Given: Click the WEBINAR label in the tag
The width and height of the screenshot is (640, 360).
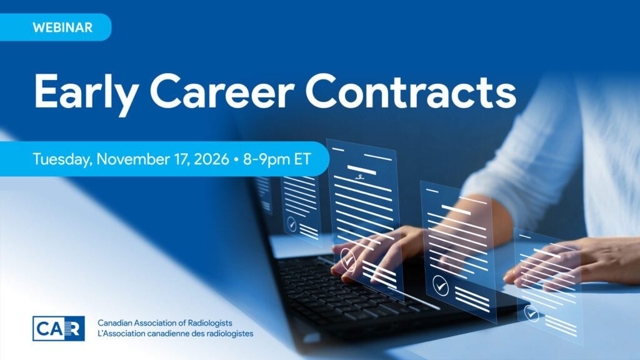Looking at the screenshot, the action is click(x=62, y=27).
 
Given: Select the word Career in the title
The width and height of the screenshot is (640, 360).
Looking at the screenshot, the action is click(x=223, y=91).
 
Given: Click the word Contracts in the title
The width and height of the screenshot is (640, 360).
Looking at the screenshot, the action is click(x=411, y=91).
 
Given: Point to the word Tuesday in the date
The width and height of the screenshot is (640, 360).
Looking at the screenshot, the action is click(x=62, y=159).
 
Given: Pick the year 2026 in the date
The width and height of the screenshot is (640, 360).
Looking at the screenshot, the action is click(x=211, y=159).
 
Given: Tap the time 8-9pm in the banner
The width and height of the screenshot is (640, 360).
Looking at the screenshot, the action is click(x=266, y=159).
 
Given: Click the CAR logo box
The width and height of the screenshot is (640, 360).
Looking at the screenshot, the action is click(x=59, y=329).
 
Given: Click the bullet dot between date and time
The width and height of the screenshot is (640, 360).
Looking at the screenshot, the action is click(x=236, y=159).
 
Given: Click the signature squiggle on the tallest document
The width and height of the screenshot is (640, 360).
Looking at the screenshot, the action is click(x=359, y=177).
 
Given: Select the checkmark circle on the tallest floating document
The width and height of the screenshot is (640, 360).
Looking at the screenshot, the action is click(x=347, y=259).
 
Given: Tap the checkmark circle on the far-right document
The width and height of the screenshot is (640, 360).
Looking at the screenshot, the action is click(x=531, y=314).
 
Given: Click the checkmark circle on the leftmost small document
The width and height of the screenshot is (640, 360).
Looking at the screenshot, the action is click(x=291, y=224).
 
